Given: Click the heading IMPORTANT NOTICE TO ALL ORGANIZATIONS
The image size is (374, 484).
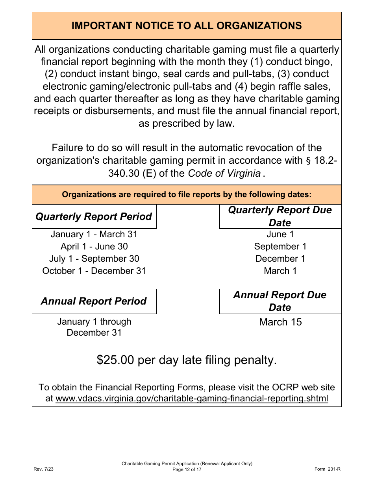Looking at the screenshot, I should pos(187,26).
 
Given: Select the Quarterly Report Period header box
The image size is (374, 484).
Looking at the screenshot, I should pos(94,217).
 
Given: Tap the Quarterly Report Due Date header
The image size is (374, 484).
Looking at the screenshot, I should pos(280,216).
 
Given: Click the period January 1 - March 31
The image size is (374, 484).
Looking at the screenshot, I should pos(94,235).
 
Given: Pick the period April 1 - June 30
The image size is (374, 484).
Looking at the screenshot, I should pos(94,247).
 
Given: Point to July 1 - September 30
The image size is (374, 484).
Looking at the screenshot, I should pos(94,259).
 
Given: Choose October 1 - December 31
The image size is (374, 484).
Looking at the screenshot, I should pos(94,271).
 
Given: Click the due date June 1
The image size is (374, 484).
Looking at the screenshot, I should pos(280,235).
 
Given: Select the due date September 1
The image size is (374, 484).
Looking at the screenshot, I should pos(280,247).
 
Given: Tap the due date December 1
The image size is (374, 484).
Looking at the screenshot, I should pos(280,259).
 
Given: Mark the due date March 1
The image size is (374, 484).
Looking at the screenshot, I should pos(280,271).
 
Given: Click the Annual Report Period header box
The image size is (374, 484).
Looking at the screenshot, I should pos(94,301).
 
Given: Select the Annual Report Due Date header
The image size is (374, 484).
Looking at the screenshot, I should pos(280,301).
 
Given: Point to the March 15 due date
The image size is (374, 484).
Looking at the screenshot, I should pos(280,322).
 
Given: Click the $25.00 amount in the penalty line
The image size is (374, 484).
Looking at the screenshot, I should pos(115,360).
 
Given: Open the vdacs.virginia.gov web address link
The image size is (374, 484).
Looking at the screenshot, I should pos(192,398).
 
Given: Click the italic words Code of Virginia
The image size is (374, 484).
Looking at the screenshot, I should pos(224,174).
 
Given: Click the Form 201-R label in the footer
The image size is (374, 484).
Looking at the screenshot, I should pos(327,469).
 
